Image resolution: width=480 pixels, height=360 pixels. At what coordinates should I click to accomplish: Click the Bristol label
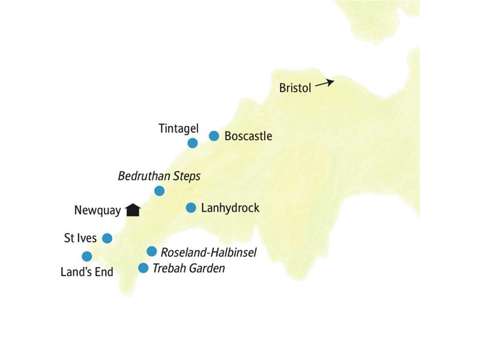coord(295,88)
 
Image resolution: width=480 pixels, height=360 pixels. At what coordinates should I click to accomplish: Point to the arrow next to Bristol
coord(325,83)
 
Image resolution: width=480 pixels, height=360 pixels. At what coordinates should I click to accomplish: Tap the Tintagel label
coord(178,128)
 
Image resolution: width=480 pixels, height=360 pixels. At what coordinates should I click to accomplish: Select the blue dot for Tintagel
coord(193,143)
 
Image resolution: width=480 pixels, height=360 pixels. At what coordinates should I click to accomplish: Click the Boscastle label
coord(248,136)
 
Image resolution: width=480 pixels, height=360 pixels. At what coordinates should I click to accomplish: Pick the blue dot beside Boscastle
coord(214,136)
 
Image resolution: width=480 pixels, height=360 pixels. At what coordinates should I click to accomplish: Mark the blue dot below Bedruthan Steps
coord(159,191)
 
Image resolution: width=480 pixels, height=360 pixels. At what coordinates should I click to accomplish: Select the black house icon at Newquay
coord(133,209)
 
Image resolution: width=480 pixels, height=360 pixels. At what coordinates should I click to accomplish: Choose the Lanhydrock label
coord(231,208)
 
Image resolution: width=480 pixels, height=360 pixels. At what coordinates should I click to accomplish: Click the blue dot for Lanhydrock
coord(191,208)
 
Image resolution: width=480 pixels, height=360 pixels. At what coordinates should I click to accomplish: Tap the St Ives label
coord(80,238)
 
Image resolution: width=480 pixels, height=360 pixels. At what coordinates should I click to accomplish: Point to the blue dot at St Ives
coord(107,238)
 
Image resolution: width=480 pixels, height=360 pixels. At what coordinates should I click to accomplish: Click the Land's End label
coord(87,272)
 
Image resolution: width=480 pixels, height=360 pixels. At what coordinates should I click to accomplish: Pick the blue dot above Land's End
coord(86,256)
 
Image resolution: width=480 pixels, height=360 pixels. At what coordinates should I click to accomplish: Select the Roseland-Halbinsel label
coord(209,253)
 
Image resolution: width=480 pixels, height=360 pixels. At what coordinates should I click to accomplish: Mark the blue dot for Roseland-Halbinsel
coord(152,251)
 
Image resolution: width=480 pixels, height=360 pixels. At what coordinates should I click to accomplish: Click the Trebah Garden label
coord(188,268)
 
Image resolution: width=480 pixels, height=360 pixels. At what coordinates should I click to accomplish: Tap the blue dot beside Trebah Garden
coord(143,268)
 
